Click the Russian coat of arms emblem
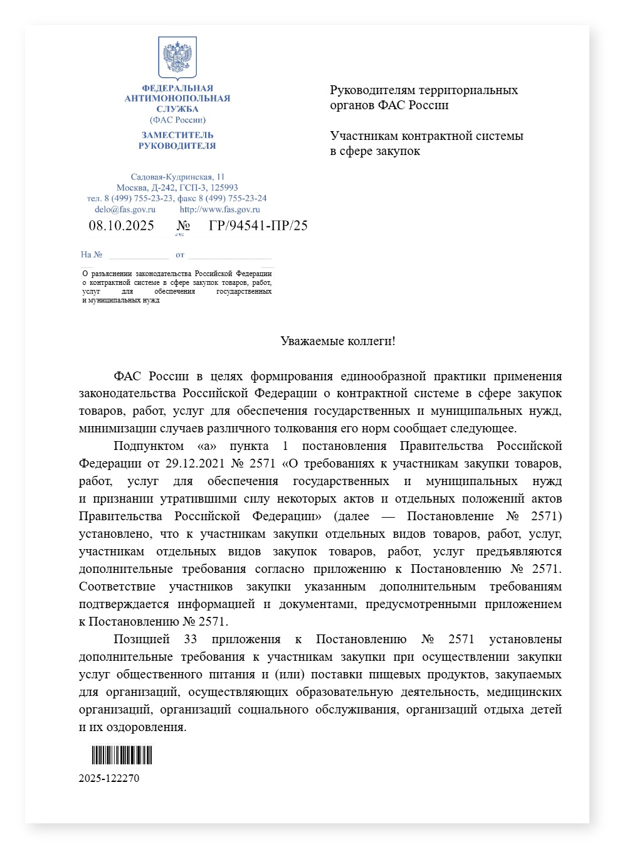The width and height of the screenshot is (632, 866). click(177, 58)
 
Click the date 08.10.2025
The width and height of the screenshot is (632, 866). click(121, 226)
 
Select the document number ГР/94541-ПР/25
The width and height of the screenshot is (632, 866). click(258, 226)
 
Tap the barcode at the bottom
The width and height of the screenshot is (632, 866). click(122, 755)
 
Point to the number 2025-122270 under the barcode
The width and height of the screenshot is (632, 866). click(109, 779)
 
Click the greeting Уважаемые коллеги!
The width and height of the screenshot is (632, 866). click(338, 341)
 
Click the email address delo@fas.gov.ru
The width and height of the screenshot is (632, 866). click(125, 210)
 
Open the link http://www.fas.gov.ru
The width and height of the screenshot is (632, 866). click(219, 210)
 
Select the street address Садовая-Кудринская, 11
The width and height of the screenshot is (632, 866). click(177, 177)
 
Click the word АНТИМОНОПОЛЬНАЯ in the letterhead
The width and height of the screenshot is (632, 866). click(177, 99)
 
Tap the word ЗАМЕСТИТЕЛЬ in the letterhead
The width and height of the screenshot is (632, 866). click(177, 135)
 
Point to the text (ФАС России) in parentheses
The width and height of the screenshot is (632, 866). click(177, 120)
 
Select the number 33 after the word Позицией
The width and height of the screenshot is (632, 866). click(191, 639)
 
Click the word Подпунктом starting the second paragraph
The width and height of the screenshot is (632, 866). click(149, 446)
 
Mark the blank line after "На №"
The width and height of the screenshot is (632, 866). click(139, 255)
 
